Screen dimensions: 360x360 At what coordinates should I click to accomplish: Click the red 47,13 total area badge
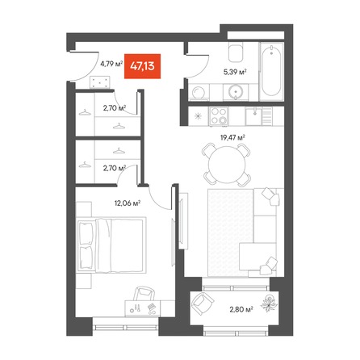[x=142, y=66]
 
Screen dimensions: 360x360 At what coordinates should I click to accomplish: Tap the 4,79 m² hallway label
[x=111, y=64]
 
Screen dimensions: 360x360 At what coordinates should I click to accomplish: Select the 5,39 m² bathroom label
[x=235, y=72]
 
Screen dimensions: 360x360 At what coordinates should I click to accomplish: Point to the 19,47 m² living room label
[x=232, y=138]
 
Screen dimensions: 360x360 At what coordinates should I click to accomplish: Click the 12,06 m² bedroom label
[x=128, y=203]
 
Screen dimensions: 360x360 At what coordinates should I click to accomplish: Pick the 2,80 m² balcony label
[x=241, y=309]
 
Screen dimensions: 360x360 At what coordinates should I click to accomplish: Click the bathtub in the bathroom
[x=271, y=71]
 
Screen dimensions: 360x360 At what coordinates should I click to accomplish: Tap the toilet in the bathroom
[x=236, y=52]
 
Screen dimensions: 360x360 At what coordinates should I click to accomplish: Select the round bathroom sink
[x=236, y=91]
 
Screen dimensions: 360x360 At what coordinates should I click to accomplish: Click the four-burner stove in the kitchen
[x=219, y=116]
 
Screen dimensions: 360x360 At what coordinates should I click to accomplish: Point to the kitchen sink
[x=253, y=116]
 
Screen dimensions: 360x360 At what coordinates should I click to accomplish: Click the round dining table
[x=227, y=165]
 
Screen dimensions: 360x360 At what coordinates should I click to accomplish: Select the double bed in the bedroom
[x=111, y=245]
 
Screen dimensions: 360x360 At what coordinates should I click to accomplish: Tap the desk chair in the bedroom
[x=145, y=293]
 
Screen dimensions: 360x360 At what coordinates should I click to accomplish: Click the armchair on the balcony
[x=202, y=303]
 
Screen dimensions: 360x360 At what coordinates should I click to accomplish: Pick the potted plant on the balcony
[x=269, y=303]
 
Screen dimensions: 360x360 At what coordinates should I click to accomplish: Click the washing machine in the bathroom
[x=199, y=92]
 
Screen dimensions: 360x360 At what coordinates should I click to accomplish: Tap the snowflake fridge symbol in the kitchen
[x=199, y=116]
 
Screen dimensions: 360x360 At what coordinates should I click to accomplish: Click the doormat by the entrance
[x=100, y=82]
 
